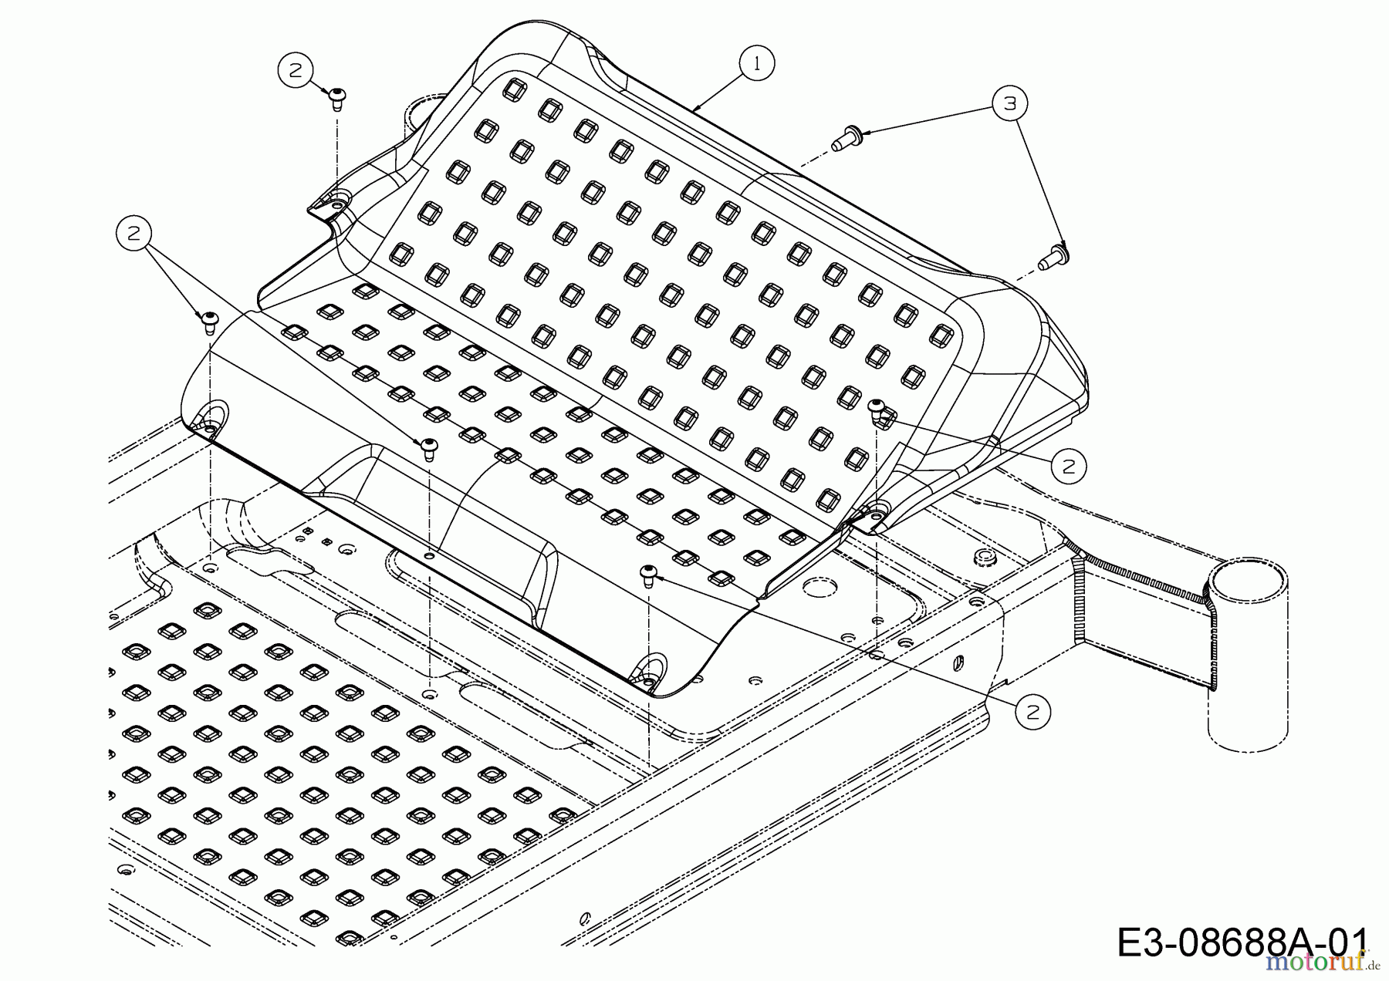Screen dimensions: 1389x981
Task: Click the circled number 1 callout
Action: coord(756,64)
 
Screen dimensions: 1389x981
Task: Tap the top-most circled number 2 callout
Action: coord(295,70)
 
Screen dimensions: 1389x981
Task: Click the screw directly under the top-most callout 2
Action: coord(337,99)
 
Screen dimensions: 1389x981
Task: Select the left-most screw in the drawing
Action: coord(208,322)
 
